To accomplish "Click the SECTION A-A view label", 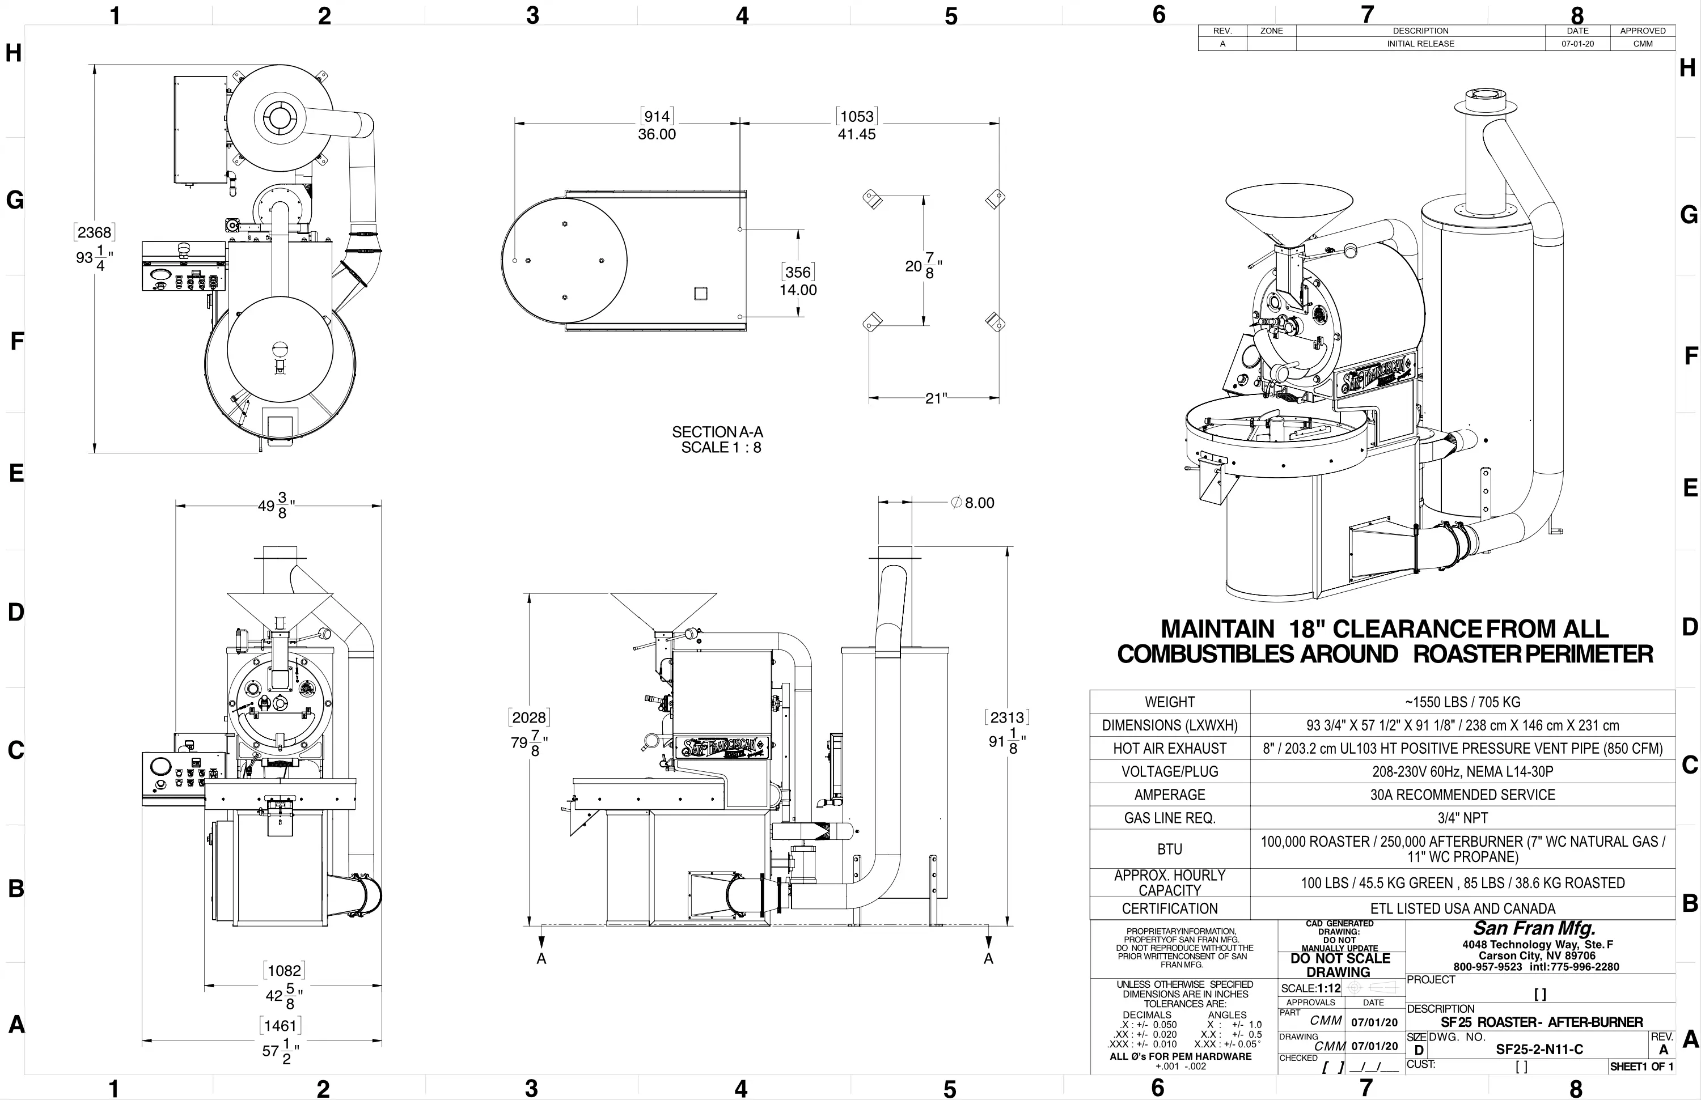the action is (x=718, y=432).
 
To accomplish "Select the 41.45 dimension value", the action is (x=857, y=134).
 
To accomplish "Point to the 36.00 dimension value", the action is (x=657, y=134).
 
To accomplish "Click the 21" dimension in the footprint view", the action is (x=936, y=398).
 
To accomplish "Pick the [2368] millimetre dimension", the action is (x=94, y=232).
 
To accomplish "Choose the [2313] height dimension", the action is (x=1007, y=717).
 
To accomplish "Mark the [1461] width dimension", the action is (x=280, y=1026).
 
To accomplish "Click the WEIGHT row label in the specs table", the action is (x=1169, y=702).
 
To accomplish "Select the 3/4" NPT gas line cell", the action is (x=1463, y=818).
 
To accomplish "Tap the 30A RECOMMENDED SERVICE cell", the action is (x=1463, y=795).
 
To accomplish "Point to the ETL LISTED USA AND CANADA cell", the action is (x=1463, y=908).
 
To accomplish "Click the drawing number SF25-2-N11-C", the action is (x=1539, y=1050).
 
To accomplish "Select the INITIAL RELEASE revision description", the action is (x=1421, y=44).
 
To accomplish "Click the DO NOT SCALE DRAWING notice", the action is (x=1340, y=965).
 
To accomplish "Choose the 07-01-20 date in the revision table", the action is (x=1577, y=44).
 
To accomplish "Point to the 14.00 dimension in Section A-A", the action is (x=798, y=290).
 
